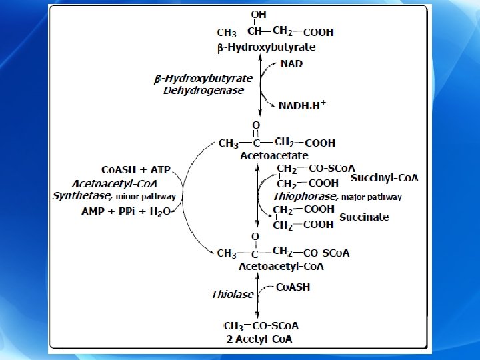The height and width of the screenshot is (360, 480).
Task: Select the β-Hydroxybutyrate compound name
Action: (267, 47)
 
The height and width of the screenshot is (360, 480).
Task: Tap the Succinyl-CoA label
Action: (384, 177)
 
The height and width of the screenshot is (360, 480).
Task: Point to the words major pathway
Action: (372, 197)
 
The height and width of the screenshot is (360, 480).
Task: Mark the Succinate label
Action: (364, 217)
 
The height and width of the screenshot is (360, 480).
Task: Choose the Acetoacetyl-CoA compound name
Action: (281, 267)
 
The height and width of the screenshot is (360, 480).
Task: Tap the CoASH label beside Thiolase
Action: (293, 288)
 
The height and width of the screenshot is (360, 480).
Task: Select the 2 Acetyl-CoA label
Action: (259, 339)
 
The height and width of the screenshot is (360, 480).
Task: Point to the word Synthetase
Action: (83, 197)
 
